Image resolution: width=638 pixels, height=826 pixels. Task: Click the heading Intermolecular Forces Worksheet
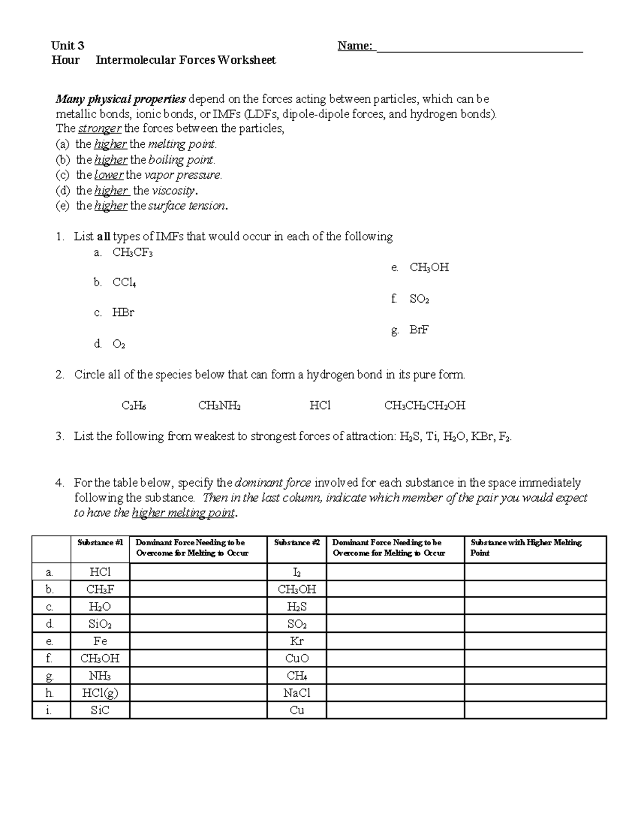[x=186, y=60]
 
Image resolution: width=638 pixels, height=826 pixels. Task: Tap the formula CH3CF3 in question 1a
[x=132, y=253]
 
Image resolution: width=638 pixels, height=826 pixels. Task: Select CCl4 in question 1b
[x=124, y=283]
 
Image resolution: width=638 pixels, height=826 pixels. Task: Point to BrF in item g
[x=419, y=330]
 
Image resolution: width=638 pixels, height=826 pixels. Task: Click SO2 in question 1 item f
[x=419, y=299]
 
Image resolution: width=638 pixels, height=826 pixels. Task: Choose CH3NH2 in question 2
[x=219, y=406]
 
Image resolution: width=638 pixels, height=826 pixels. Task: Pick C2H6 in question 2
[x=134, y=406]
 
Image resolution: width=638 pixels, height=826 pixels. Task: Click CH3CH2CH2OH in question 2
[x=424, y=406]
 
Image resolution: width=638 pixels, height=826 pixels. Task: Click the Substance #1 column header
[x=100, y=543]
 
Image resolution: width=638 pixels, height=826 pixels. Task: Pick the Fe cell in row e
[x=100, y=641]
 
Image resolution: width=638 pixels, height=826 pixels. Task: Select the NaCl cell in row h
[x=297, y=693]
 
